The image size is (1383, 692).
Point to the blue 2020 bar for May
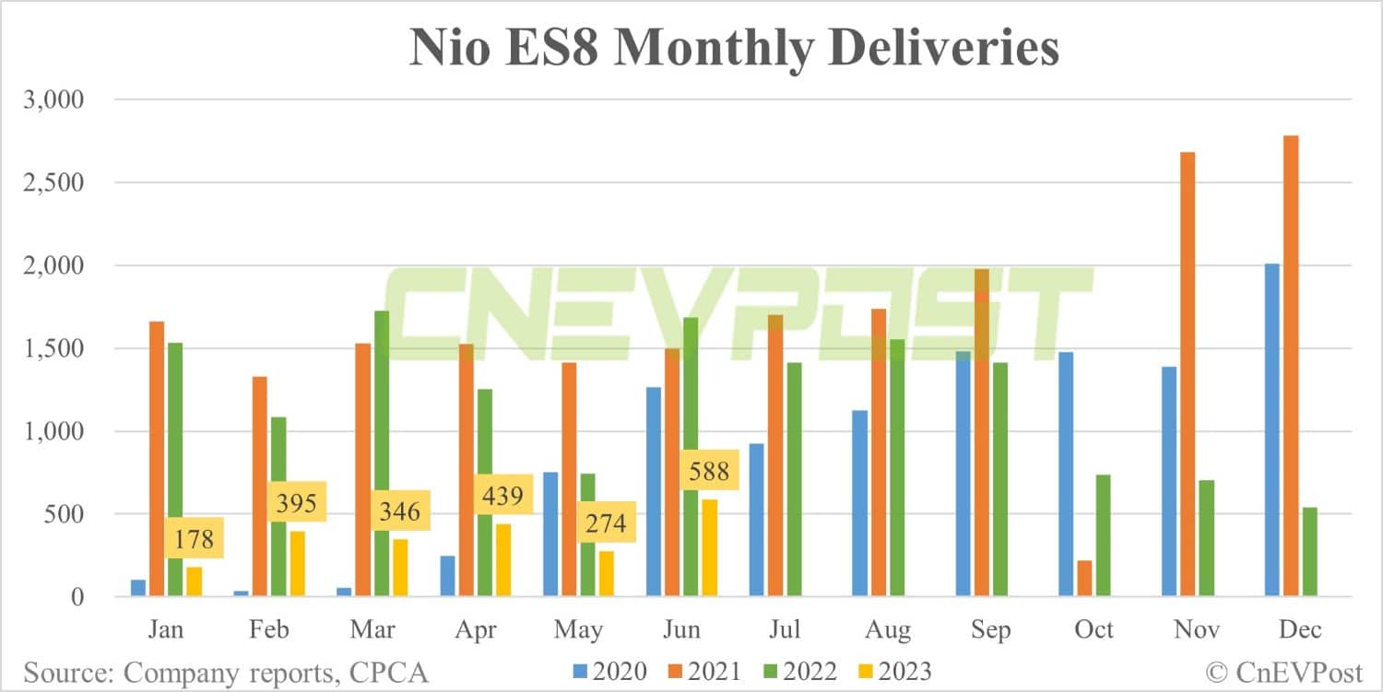click(550, 534)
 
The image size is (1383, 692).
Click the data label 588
click(708, 472)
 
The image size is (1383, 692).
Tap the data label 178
click(194, 540)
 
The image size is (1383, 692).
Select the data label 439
click(502, 497)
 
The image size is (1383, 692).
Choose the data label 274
click(605, 523)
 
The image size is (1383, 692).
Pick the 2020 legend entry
click(609, 671)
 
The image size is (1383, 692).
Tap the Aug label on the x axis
click(888, 630)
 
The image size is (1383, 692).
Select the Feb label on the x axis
click(268, 630)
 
